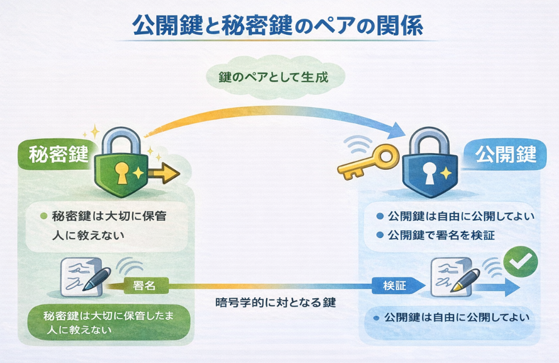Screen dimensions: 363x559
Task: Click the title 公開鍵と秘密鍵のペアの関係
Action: [x=278, y=26]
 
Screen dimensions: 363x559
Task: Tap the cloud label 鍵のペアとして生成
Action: [x=273, y=77]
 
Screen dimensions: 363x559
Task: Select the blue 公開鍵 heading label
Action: [x=505, y=154]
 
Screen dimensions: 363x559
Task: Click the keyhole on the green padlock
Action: [x=122, y=172]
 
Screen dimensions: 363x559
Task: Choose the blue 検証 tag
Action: [x=394, y=285]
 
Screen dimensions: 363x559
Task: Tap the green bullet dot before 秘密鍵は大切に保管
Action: [x=44, y=216]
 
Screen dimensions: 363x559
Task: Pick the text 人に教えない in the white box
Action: [x=84, y=235]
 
